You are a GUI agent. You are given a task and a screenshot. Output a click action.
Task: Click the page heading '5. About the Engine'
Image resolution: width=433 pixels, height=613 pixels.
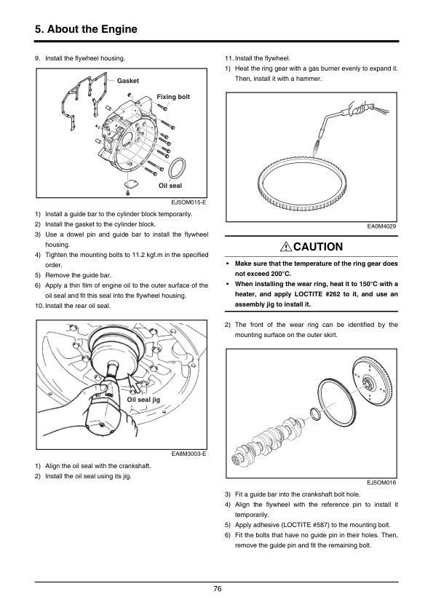click(86, 29)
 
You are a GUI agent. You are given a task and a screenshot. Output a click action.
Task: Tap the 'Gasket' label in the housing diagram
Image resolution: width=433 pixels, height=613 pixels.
click(128, 81)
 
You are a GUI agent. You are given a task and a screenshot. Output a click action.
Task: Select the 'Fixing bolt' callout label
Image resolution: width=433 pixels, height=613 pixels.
click(173, 97)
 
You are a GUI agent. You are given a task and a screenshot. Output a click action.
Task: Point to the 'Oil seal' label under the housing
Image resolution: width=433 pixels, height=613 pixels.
click(170, 186)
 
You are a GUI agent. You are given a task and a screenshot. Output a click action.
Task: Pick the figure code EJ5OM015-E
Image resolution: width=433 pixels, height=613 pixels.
click(188, 202)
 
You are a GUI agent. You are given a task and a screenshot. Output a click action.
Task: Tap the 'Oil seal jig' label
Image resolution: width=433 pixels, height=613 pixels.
click(143, 400)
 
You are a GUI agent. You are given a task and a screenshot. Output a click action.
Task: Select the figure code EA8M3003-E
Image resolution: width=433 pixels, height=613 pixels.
click(188, 454)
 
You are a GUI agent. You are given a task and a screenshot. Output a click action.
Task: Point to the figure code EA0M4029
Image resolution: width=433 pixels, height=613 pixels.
click(381, 226)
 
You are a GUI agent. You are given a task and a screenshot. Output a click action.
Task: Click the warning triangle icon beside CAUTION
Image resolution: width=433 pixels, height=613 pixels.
click(286, 247)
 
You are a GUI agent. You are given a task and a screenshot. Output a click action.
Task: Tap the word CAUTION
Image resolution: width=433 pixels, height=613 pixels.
click(318, 247)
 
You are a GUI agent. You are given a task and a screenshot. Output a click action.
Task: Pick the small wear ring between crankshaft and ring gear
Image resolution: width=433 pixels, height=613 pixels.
click(316, 414)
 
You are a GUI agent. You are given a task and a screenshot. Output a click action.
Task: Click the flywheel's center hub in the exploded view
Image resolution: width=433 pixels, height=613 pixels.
click(368, 381)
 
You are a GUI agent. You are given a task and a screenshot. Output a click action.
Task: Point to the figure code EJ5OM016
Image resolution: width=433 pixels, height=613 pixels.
click(381, 483)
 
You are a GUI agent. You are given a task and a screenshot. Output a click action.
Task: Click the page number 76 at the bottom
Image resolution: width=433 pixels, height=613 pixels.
click(218, 588)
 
